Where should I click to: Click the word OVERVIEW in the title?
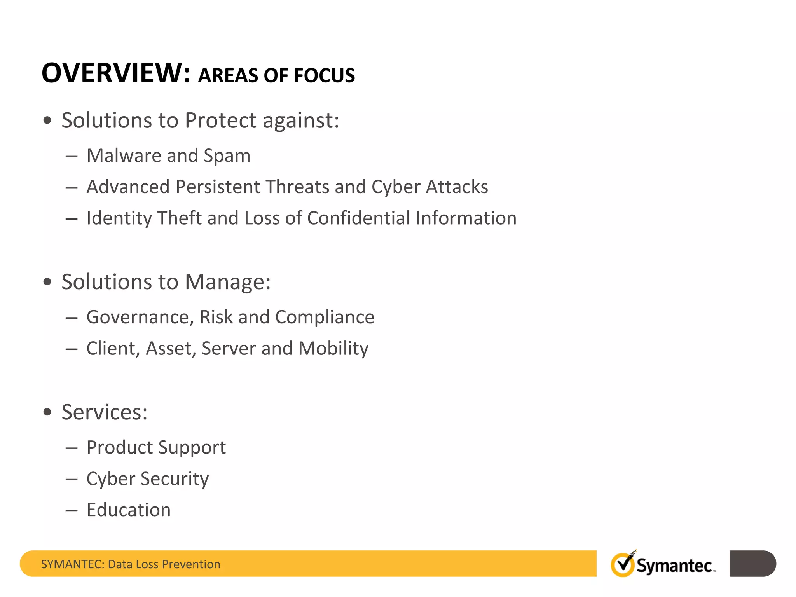(x=115, y=73)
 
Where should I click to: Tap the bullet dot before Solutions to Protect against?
(x=47, y=120)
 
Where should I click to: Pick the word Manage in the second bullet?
(x=227, y=282)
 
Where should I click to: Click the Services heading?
(x=104, y=412)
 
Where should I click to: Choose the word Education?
(x=129, y=510)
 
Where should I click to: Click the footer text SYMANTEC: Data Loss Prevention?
(x=131, y=564)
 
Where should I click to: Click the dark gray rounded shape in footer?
(x=752, y=563)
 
